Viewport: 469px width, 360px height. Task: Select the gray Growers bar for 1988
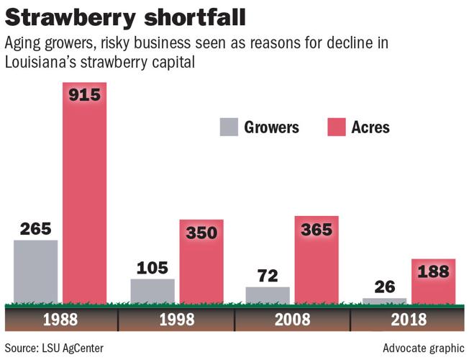tap(36, 271)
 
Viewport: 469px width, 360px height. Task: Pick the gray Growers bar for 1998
tap(152, 290)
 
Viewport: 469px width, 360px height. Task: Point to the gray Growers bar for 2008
tap(268, 294)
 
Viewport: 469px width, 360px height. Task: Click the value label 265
tap(36, 229)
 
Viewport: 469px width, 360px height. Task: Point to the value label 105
tap(152, 268)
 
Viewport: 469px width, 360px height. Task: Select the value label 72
tap(268, 276)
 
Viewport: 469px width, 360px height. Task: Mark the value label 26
tap(384, 287)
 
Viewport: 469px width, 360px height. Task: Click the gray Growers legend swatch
tap(229, 127)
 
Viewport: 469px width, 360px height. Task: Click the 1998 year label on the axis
tap(177, 319)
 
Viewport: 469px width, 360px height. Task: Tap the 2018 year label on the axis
tap(408, 319)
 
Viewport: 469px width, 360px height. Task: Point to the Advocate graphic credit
tap(423, 348)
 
